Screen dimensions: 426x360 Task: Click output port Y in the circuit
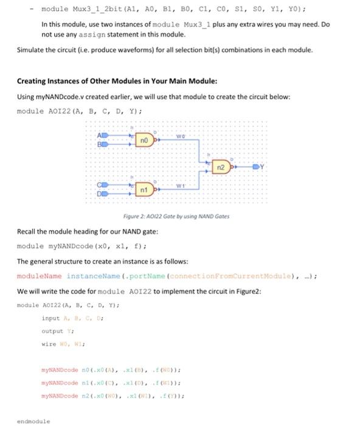tap(260, 165)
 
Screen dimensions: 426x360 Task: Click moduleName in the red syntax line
tap(40, 276)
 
